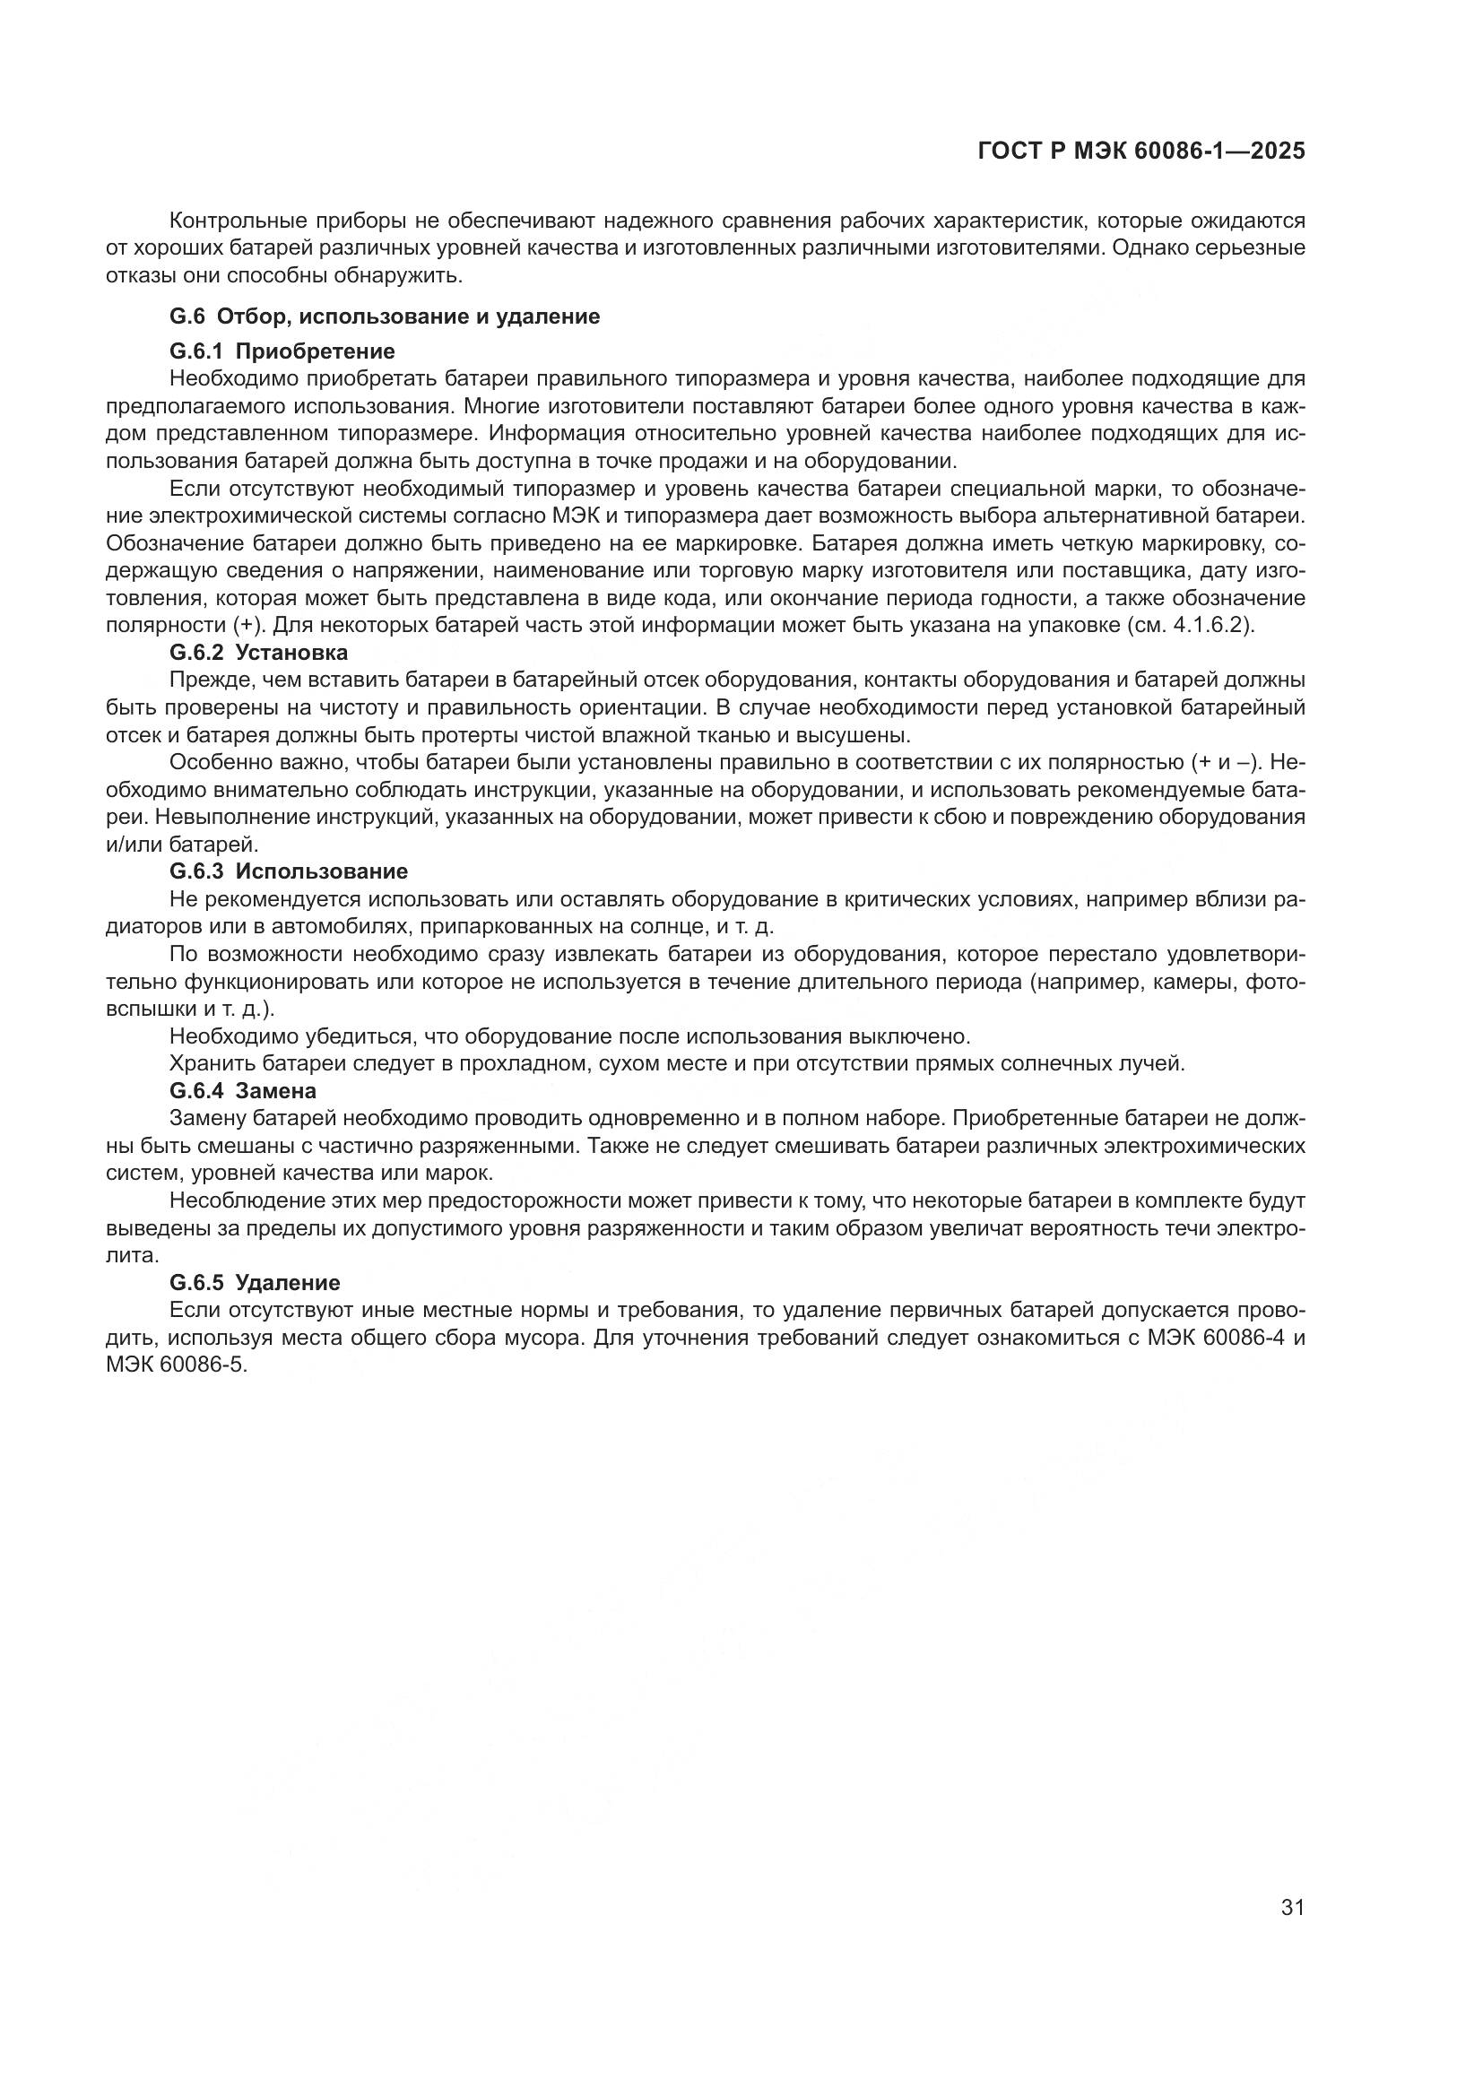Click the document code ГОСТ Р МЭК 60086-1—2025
click(1140, 152)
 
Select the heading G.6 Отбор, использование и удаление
click(385, 316)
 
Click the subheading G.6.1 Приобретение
click(282, 351)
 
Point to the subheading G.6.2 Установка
click(258, 652)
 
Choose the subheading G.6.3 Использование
click(289, 871)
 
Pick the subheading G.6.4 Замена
click(243, 1089)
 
